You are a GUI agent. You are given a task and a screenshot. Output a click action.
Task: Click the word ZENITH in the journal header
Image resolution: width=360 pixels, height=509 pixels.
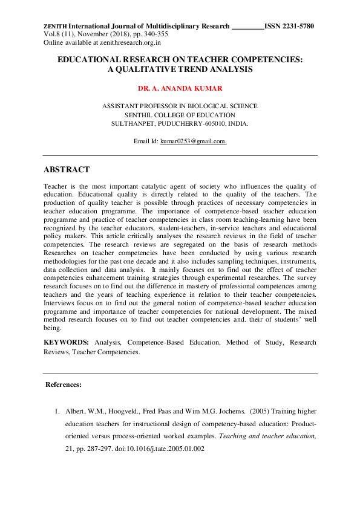pyautogui.click(x=55, y=27)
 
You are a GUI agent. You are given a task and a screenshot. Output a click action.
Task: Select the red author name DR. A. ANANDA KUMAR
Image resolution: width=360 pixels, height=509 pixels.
pyautogui.click(x=180, y=88)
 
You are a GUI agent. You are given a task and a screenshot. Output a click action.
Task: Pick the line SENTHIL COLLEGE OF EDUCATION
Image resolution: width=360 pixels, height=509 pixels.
pyautogui.click(x=180, y=114)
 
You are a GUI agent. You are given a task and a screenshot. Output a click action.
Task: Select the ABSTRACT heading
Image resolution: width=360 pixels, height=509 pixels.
pyautogui.click(x=67, y=170)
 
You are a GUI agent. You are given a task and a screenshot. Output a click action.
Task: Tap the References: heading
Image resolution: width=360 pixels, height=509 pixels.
pyautogui.click(x=64, y=384)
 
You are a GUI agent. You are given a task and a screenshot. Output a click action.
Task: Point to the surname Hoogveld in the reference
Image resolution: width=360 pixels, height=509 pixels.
pyautogui.click(x=120, y=412)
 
